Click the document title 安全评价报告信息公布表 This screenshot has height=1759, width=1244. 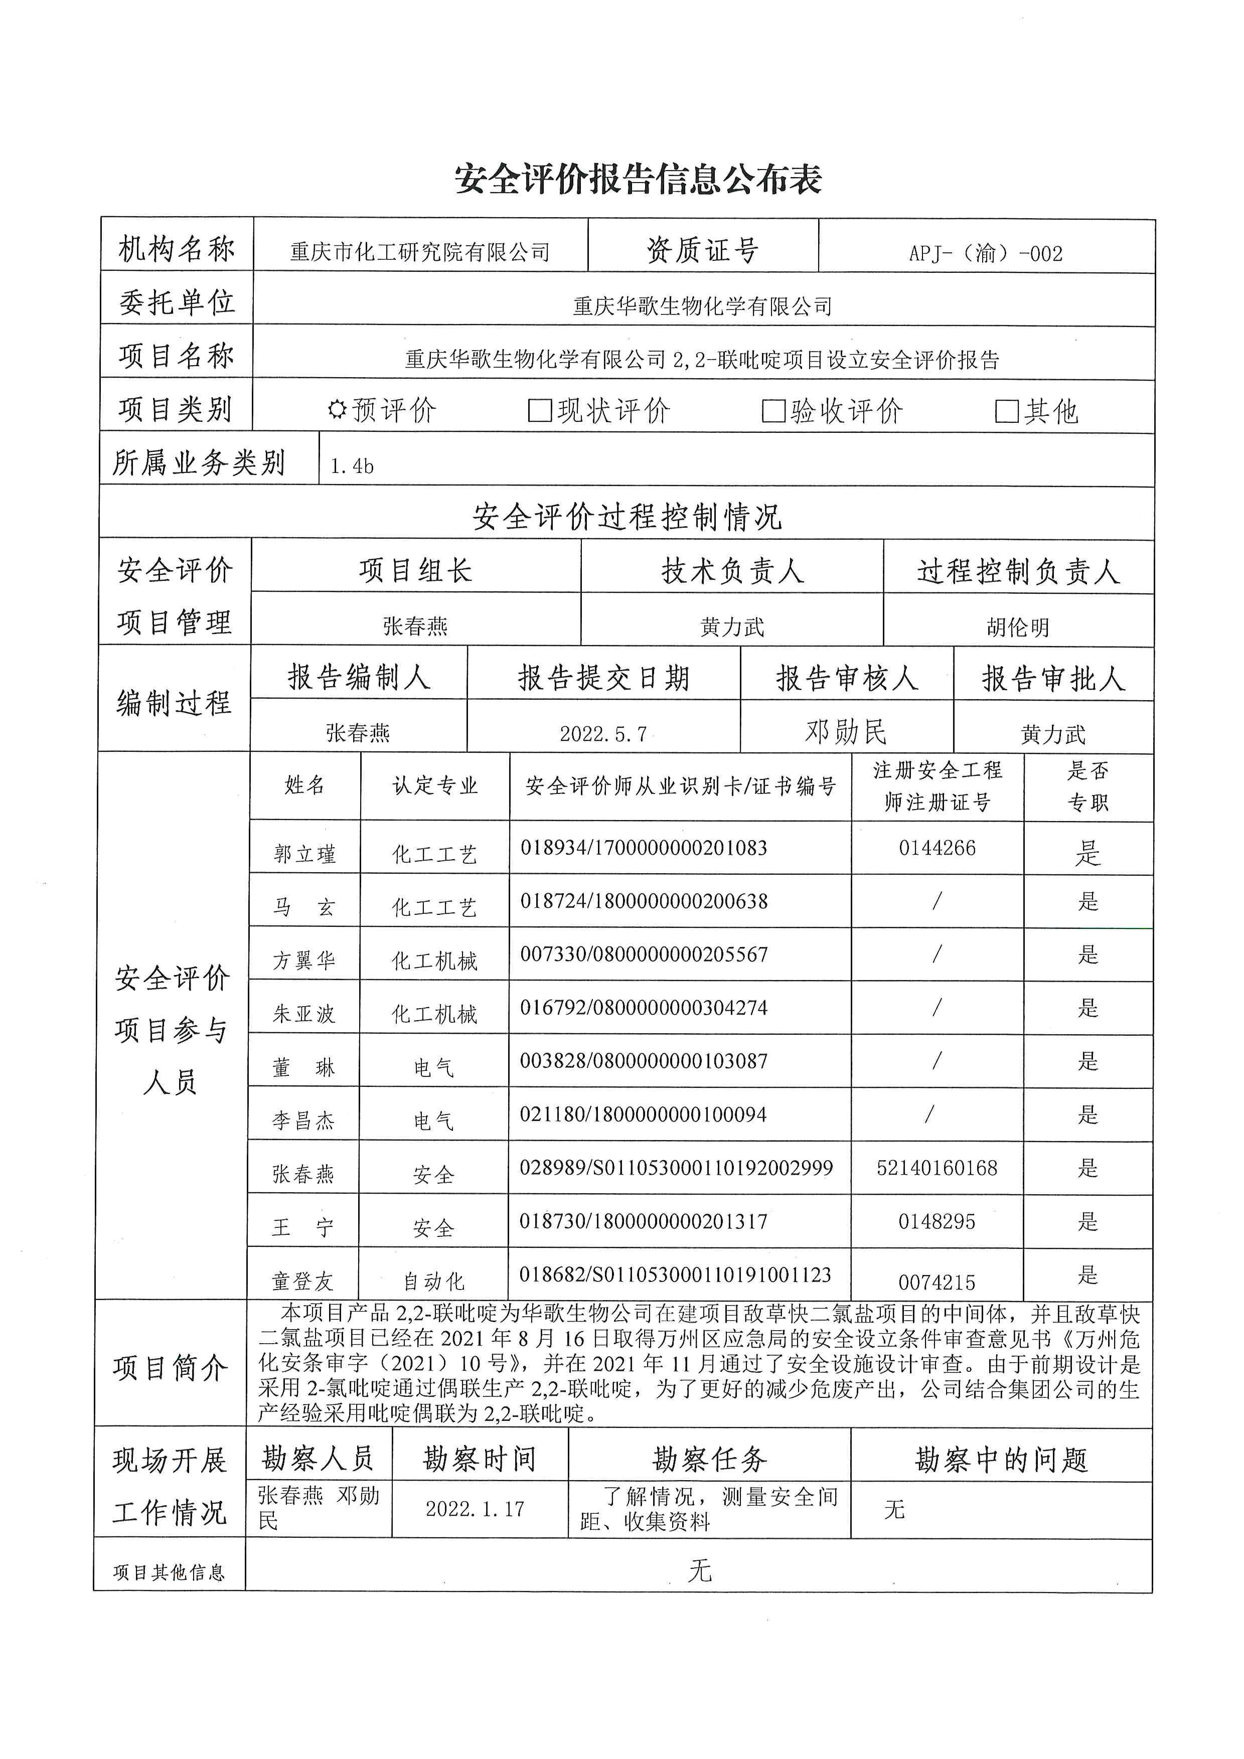click(x=638, y=179)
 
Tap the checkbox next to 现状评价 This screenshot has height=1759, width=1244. click(x=540, y=411)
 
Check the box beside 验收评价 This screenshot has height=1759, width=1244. click(x=773, y=411)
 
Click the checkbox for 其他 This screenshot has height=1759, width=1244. click(x=1006, y=411)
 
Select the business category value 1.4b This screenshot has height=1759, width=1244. click(x=352, y=466)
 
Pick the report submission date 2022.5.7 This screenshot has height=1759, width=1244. click(x=603, y=734)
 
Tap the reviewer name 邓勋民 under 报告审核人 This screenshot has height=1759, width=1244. click(x=846, y=732)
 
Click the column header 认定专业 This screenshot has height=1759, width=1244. click(x=435, y=785)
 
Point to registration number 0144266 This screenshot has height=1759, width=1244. click(x=937, y=848)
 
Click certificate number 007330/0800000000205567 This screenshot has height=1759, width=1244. click(x=644, y=954)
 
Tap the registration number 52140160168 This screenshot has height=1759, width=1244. click(x=937, y=1168)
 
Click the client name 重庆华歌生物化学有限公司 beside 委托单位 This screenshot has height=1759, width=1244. click(x=702, y=306)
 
